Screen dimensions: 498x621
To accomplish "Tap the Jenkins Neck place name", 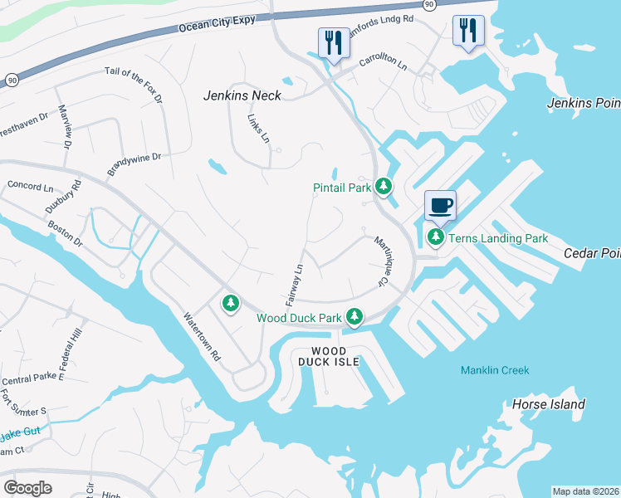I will tap(242, 95).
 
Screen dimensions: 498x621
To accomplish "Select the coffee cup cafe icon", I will tap(440, 205).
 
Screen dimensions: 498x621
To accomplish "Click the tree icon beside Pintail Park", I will tap(383, 187).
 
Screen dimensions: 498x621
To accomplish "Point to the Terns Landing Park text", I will tap(498, 238).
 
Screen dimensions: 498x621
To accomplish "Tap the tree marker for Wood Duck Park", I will tap(355, 316).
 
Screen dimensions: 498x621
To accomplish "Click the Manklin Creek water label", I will tap(494, 370).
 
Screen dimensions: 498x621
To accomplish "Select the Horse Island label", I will tap(549, 405).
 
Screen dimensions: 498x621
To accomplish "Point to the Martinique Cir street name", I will tap(382, 260).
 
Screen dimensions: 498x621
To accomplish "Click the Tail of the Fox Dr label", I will tap(133, 84).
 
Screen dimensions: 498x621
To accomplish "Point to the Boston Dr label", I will tap(65, 230).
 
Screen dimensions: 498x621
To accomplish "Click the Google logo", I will tap(27, 488).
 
